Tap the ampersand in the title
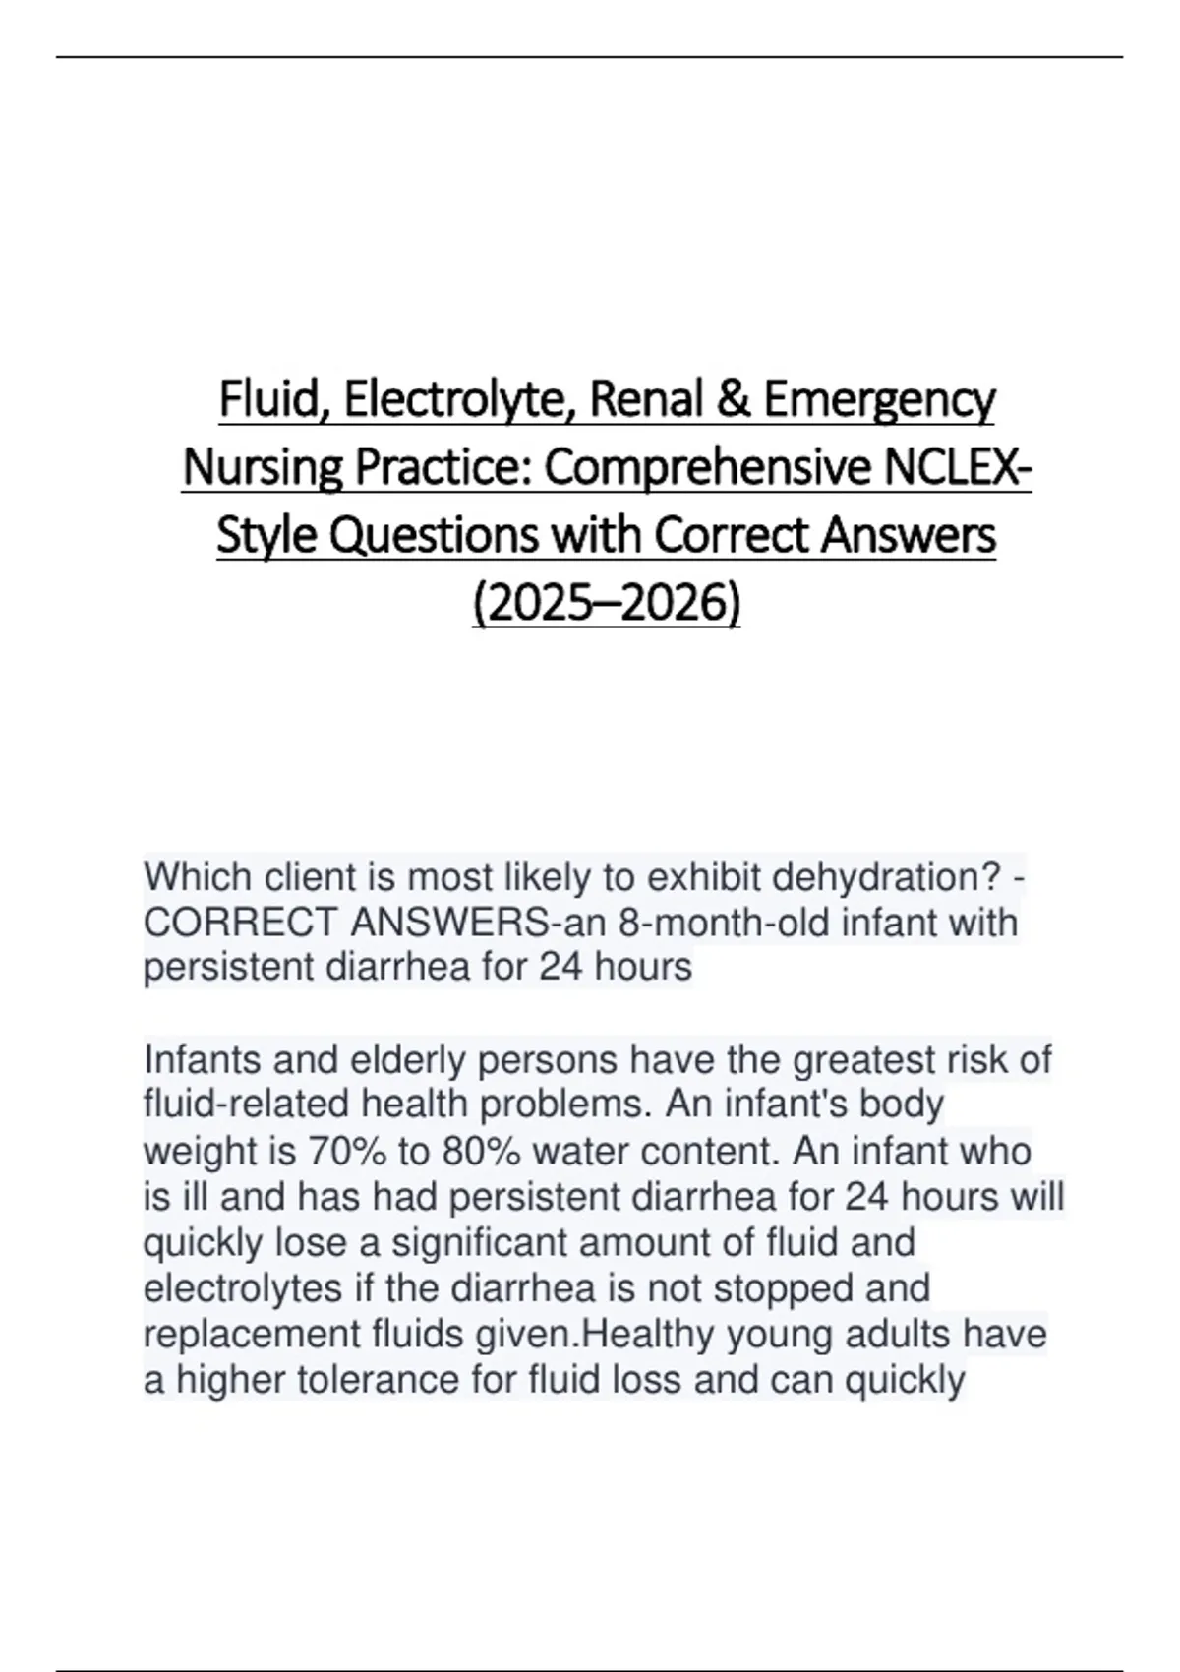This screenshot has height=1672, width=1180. point(737,399)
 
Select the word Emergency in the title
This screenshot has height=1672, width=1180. point(879,399)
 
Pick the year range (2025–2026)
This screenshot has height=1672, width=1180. point(607,604)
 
